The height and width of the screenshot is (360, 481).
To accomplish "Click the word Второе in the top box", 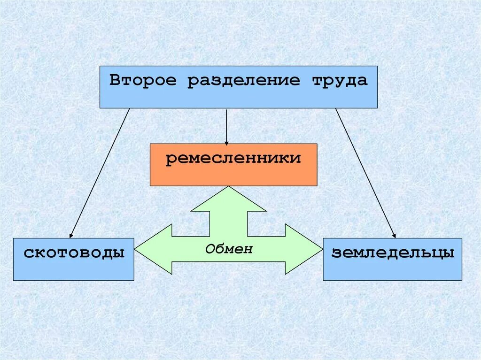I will (x=143, y=80).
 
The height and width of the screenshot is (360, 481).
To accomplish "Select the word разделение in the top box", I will (x=243, y=81).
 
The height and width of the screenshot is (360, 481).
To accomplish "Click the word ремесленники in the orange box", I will (x=233, y=158).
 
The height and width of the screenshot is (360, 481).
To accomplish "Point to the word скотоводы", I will (x=74, y=253).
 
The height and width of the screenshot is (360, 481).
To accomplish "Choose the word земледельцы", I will (x=393, y=253).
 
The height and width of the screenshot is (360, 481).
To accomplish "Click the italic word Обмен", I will (x=229, y=249).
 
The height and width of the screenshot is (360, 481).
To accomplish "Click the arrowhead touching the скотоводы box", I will (x=71, y=235).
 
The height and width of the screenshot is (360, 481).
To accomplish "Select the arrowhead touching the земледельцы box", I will (x=394, y=235).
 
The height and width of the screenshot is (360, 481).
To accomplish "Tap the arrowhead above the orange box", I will (x=226, y=142).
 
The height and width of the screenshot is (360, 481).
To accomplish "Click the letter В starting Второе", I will (x=114, y=80).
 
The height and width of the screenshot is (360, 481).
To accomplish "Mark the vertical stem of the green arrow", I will (x=229, y=221).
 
